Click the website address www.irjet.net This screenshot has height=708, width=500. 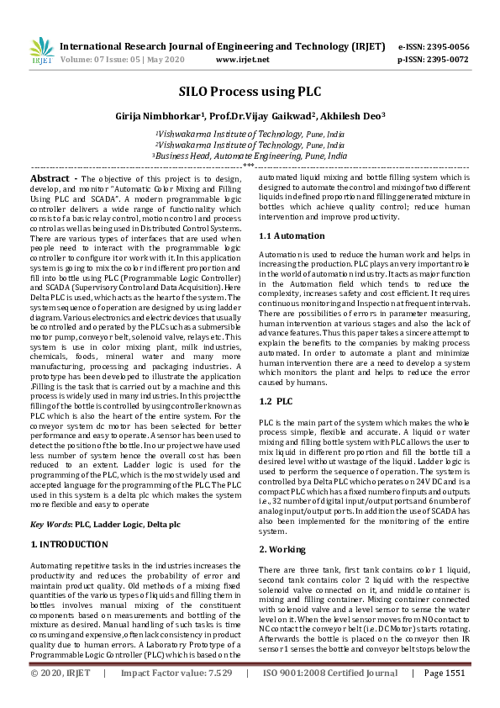243,60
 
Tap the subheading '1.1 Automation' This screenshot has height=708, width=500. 291,236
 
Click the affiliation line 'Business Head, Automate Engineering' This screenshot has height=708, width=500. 250,156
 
